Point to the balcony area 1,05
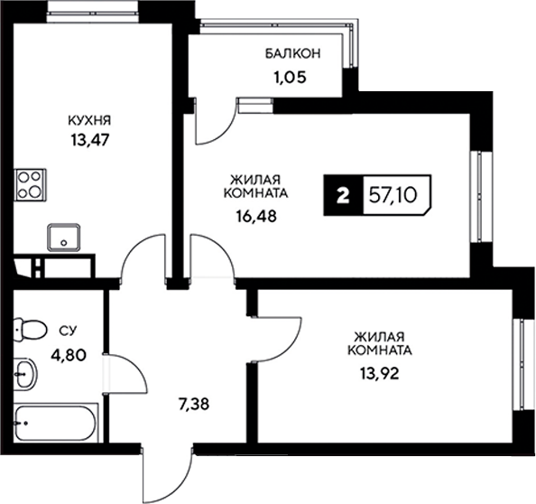tap(290, 77)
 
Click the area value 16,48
tap(251, 216)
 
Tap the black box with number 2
tap(342, 195)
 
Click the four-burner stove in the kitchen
tap(30, 183)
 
